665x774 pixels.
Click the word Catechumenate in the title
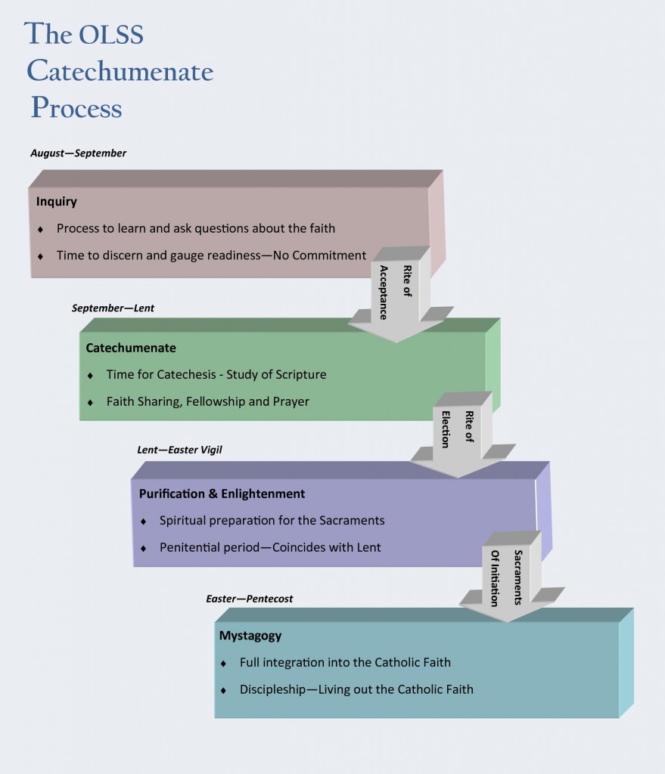pyautogui.click(x=120, y=72)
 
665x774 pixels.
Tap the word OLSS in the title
pyautogui.click(x=111, y=36)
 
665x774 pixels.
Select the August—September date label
pyautogui.click(x=79, y=153)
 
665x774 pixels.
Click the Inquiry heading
pyautogui.click(x=57, y=202)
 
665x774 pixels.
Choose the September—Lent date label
pyautogui.click(x=113, y=308)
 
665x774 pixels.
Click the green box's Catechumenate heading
pyautogui.click(x=131, y=348)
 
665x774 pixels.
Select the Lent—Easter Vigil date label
pyautogui.click(x=179, y=450)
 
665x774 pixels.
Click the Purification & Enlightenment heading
pyautogui.click(x=222, y=494)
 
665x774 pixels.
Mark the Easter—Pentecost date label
pyautogui.click(x=249, y=599)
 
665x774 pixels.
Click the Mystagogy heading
pyautogui.click(x=250, y=636)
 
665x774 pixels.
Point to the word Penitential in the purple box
pyautogui.click(x=191, y=547)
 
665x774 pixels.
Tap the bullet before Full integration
pyautogui.click(x=223, y=664)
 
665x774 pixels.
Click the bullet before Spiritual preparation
pyautogui.click(x=144, y=522)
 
